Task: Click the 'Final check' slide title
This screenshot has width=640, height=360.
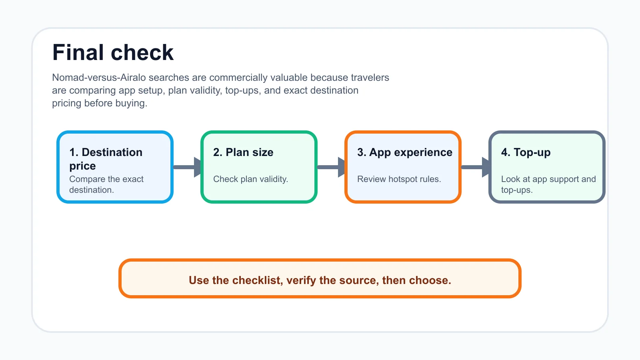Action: [x=113, y=52]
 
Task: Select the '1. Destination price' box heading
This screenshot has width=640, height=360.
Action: [x=106, y=159]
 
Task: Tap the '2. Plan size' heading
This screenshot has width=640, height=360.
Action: [x=243, y=152]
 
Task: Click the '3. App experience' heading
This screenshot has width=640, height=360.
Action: [x=405, y=152]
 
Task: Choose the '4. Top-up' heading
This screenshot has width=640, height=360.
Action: [x=526, y=152]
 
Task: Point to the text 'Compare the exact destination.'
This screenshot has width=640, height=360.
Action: [x=106, y=184]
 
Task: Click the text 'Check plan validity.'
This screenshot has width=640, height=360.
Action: [x=250, y=179]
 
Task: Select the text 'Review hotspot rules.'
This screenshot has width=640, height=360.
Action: [x=399, y=179]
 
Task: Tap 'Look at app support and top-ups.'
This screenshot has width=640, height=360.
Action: [x=548, y=184]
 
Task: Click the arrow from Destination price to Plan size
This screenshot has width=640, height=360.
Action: [x=188, y=167]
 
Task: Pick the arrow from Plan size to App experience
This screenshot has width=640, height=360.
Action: [x=332, y=167]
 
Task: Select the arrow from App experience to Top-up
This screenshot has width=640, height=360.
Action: [x=476, y=167]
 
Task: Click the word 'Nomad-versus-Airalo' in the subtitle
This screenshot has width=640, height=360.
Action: [x=99, y=78]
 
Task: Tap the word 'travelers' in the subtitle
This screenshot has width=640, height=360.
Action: [x=370, y=78]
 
